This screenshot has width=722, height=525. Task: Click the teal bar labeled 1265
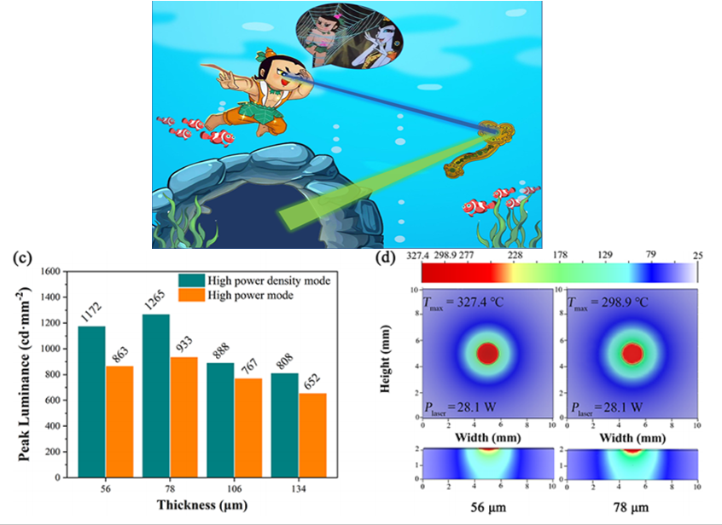pos(158,395)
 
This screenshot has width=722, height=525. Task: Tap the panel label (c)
pos(15,256)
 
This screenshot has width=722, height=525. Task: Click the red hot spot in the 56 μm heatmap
pos(488,353)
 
